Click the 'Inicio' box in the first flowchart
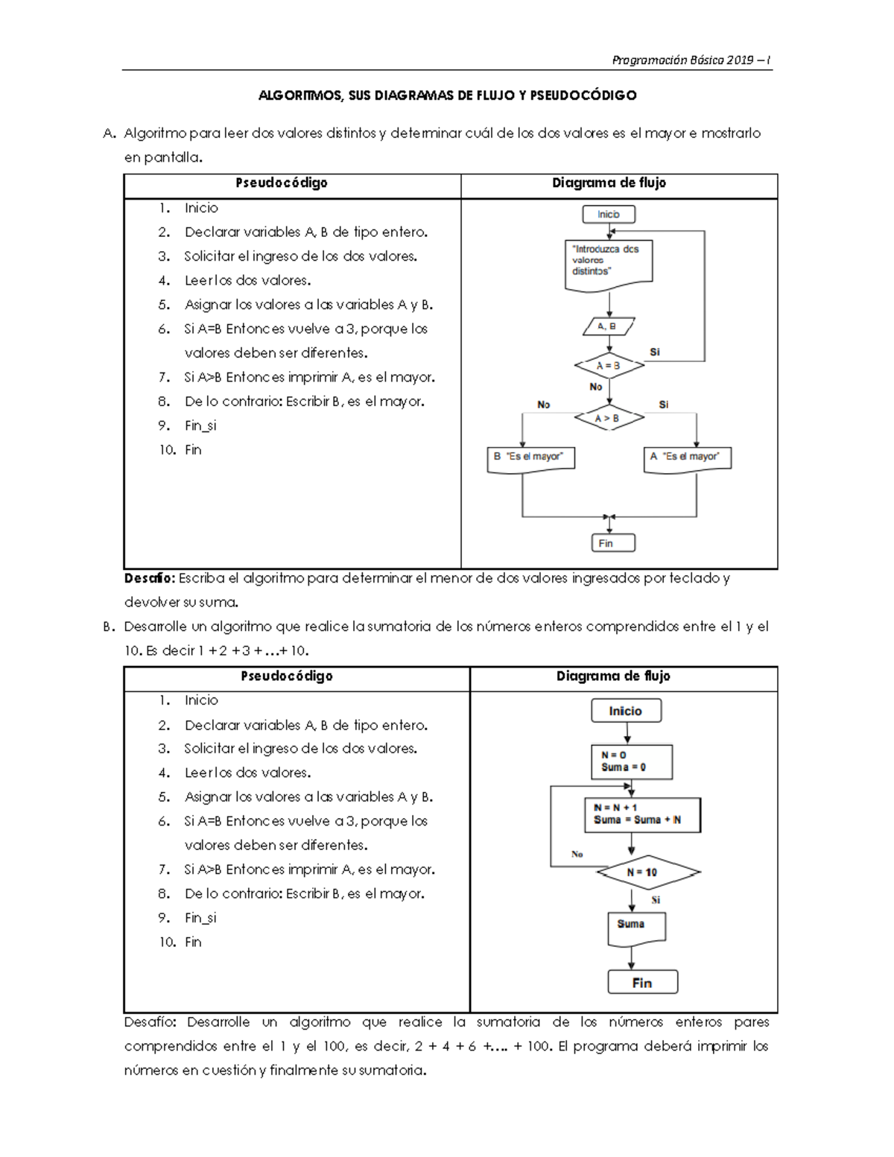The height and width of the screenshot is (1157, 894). point(609,215)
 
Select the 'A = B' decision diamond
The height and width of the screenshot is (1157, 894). point(609,366)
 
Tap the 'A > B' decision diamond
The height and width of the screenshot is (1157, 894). point(608,418)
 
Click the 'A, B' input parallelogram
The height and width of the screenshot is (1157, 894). point(608,326)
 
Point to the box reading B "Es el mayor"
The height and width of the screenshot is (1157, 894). point(530,457)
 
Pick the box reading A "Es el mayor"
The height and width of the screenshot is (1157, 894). point(687,457)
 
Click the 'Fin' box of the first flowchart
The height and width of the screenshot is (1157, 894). point(612,543)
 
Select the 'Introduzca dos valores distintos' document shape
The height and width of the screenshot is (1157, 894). point(608,262)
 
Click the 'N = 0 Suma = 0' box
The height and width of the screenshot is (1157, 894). point(631,761)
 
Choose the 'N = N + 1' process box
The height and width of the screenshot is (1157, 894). point(641,814)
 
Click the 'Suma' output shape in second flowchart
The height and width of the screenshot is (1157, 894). point(635,926)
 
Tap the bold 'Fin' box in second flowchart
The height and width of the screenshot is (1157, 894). point(642,983)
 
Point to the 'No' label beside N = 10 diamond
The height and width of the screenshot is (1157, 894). point(577,855)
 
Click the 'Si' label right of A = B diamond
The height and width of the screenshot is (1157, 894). point(655,352)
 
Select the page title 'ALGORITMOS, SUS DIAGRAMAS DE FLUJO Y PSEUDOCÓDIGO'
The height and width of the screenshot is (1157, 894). point(447,95)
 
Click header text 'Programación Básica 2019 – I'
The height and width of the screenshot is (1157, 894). point(691,60)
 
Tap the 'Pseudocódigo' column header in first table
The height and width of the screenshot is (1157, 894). point(282,183)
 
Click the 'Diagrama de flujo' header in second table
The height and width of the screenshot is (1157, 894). point(613,676)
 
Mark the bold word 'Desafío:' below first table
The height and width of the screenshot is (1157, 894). point(150,578)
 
